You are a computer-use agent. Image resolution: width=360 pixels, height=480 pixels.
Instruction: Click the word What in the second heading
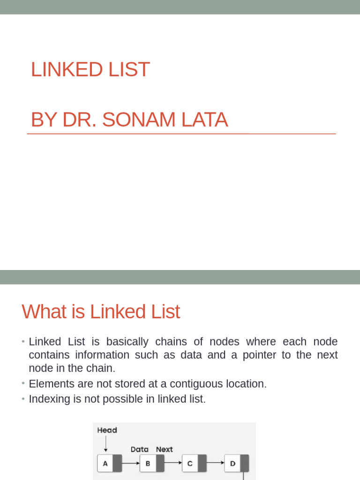[x=44, y=312]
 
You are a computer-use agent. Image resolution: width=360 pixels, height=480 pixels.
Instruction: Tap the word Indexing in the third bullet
[x=49, y=399]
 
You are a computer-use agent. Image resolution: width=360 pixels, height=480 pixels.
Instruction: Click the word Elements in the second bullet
[x=50, y=384]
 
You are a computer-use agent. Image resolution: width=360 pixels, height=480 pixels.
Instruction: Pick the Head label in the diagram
[x=107, y=430]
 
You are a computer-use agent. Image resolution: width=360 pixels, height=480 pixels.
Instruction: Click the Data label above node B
[x=139, y=449]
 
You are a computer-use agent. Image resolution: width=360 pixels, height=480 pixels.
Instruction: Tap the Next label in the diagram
[x=164, y=449]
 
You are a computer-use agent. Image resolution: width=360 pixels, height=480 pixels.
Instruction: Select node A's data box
[x=105, y=464]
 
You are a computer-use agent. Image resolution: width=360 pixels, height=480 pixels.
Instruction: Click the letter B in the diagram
[x=148, y=464]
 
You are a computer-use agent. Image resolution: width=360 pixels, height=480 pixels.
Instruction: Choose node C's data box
[x=189, y=464]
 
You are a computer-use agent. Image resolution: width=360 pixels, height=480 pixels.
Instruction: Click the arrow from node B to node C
[x=173, y=463]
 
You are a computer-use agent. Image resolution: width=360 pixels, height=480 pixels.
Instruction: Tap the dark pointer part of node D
[x=244, y=464]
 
